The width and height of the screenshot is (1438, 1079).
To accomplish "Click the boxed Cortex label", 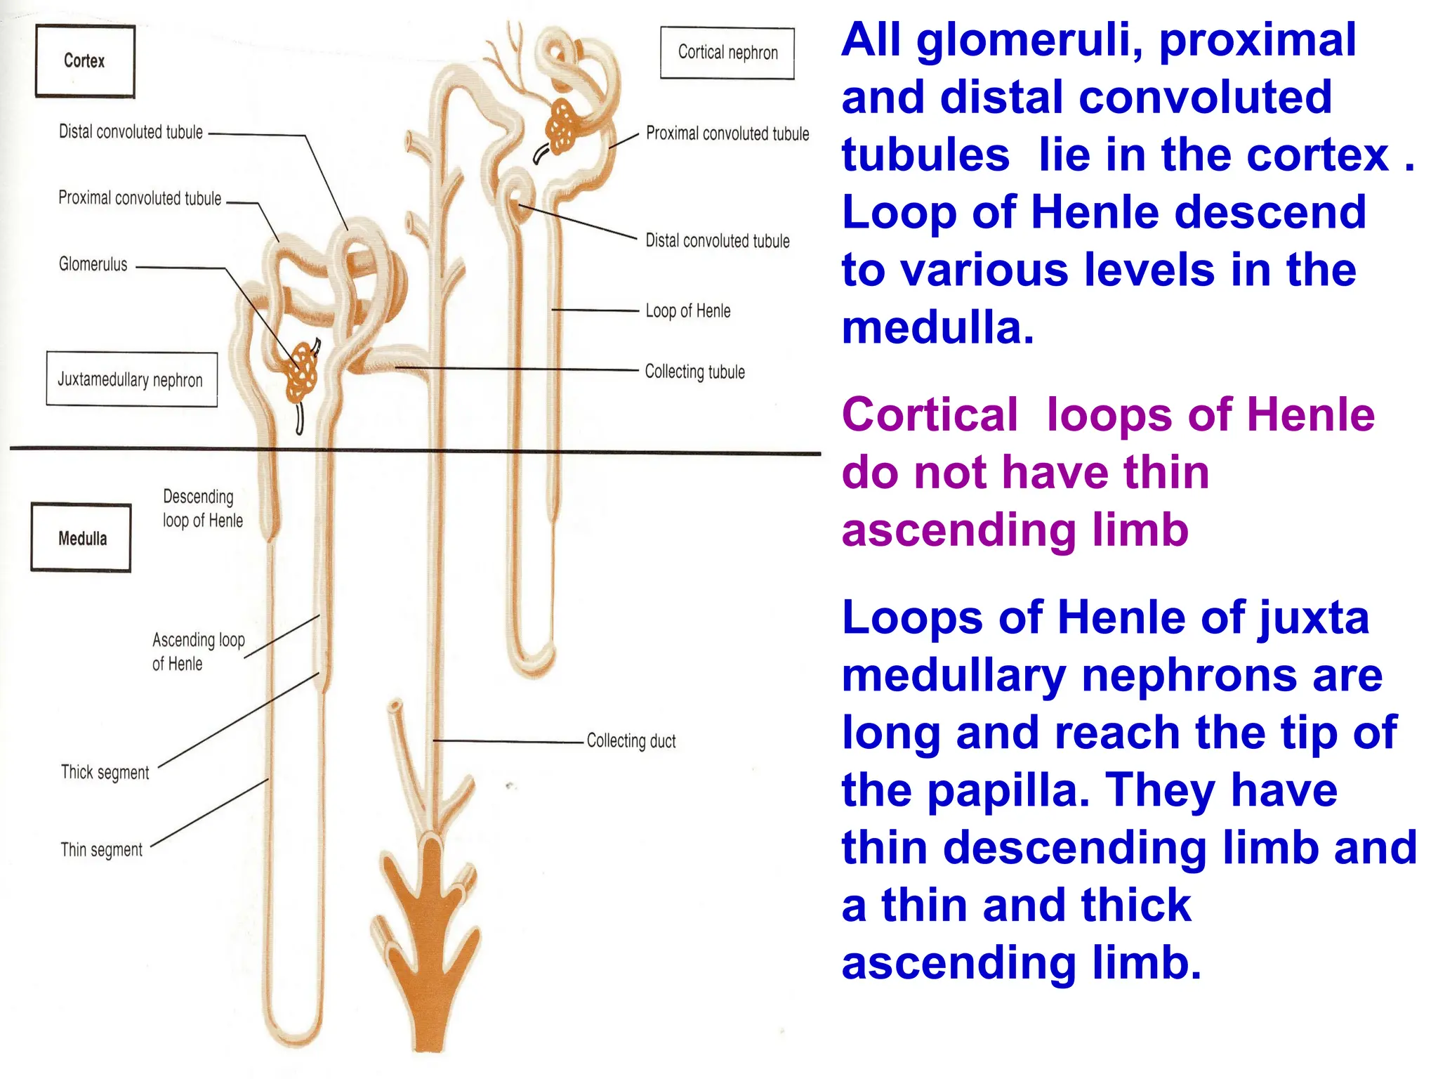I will click(x=84, y=61).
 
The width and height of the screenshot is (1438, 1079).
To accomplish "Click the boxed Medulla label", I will click(x=81, y=538).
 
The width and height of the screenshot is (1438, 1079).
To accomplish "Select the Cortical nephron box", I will click(x=727, y=53).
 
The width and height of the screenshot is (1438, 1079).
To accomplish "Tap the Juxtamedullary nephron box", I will click(x=131, y=379).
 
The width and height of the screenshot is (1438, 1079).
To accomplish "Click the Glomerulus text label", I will click(x=93, y=265).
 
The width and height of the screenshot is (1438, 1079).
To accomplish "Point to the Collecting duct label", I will click(x=631, y=741).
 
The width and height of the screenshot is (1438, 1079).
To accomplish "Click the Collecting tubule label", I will click(x=694, y=372).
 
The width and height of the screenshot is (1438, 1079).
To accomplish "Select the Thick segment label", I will click(x=105, y=772).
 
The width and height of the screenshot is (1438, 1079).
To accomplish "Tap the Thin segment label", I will click(x=101, y=850).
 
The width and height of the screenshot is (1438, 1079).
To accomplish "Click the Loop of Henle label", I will click(x=687, y=310).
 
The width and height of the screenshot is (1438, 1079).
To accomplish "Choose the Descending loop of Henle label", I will click(x=202, y=509).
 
